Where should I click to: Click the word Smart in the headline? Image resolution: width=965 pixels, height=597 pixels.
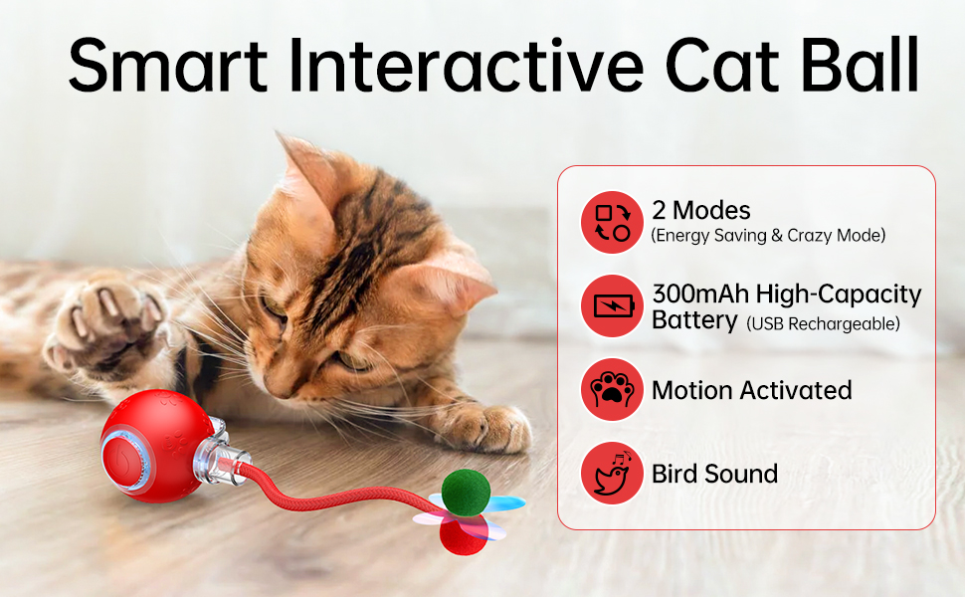(168, 65)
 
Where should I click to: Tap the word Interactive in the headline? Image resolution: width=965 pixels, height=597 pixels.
(467, 65)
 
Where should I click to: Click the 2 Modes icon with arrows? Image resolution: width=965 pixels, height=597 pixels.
(612, 222)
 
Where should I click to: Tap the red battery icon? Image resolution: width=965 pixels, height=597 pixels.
(612, 305)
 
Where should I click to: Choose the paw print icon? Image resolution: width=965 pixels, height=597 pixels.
(612, 390)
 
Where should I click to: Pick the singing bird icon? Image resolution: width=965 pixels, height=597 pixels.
(612, 474)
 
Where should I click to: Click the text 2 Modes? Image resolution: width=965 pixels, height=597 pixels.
(701, 211)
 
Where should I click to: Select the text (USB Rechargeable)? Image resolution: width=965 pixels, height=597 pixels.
(824, 323)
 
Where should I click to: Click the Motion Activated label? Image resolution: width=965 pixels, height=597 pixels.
(751, 390)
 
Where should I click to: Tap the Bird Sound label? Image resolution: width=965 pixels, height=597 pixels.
(714, 474)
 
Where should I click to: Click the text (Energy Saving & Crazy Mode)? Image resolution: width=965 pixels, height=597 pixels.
(768, 235)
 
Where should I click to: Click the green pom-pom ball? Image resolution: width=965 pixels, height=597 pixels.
(466, 493)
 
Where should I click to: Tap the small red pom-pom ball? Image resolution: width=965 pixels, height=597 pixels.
(464, 533)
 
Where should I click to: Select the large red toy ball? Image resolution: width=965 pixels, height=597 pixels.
(158, 446)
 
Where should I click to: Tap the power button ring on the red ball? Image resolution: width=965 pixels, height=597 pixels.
(126, 461)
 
